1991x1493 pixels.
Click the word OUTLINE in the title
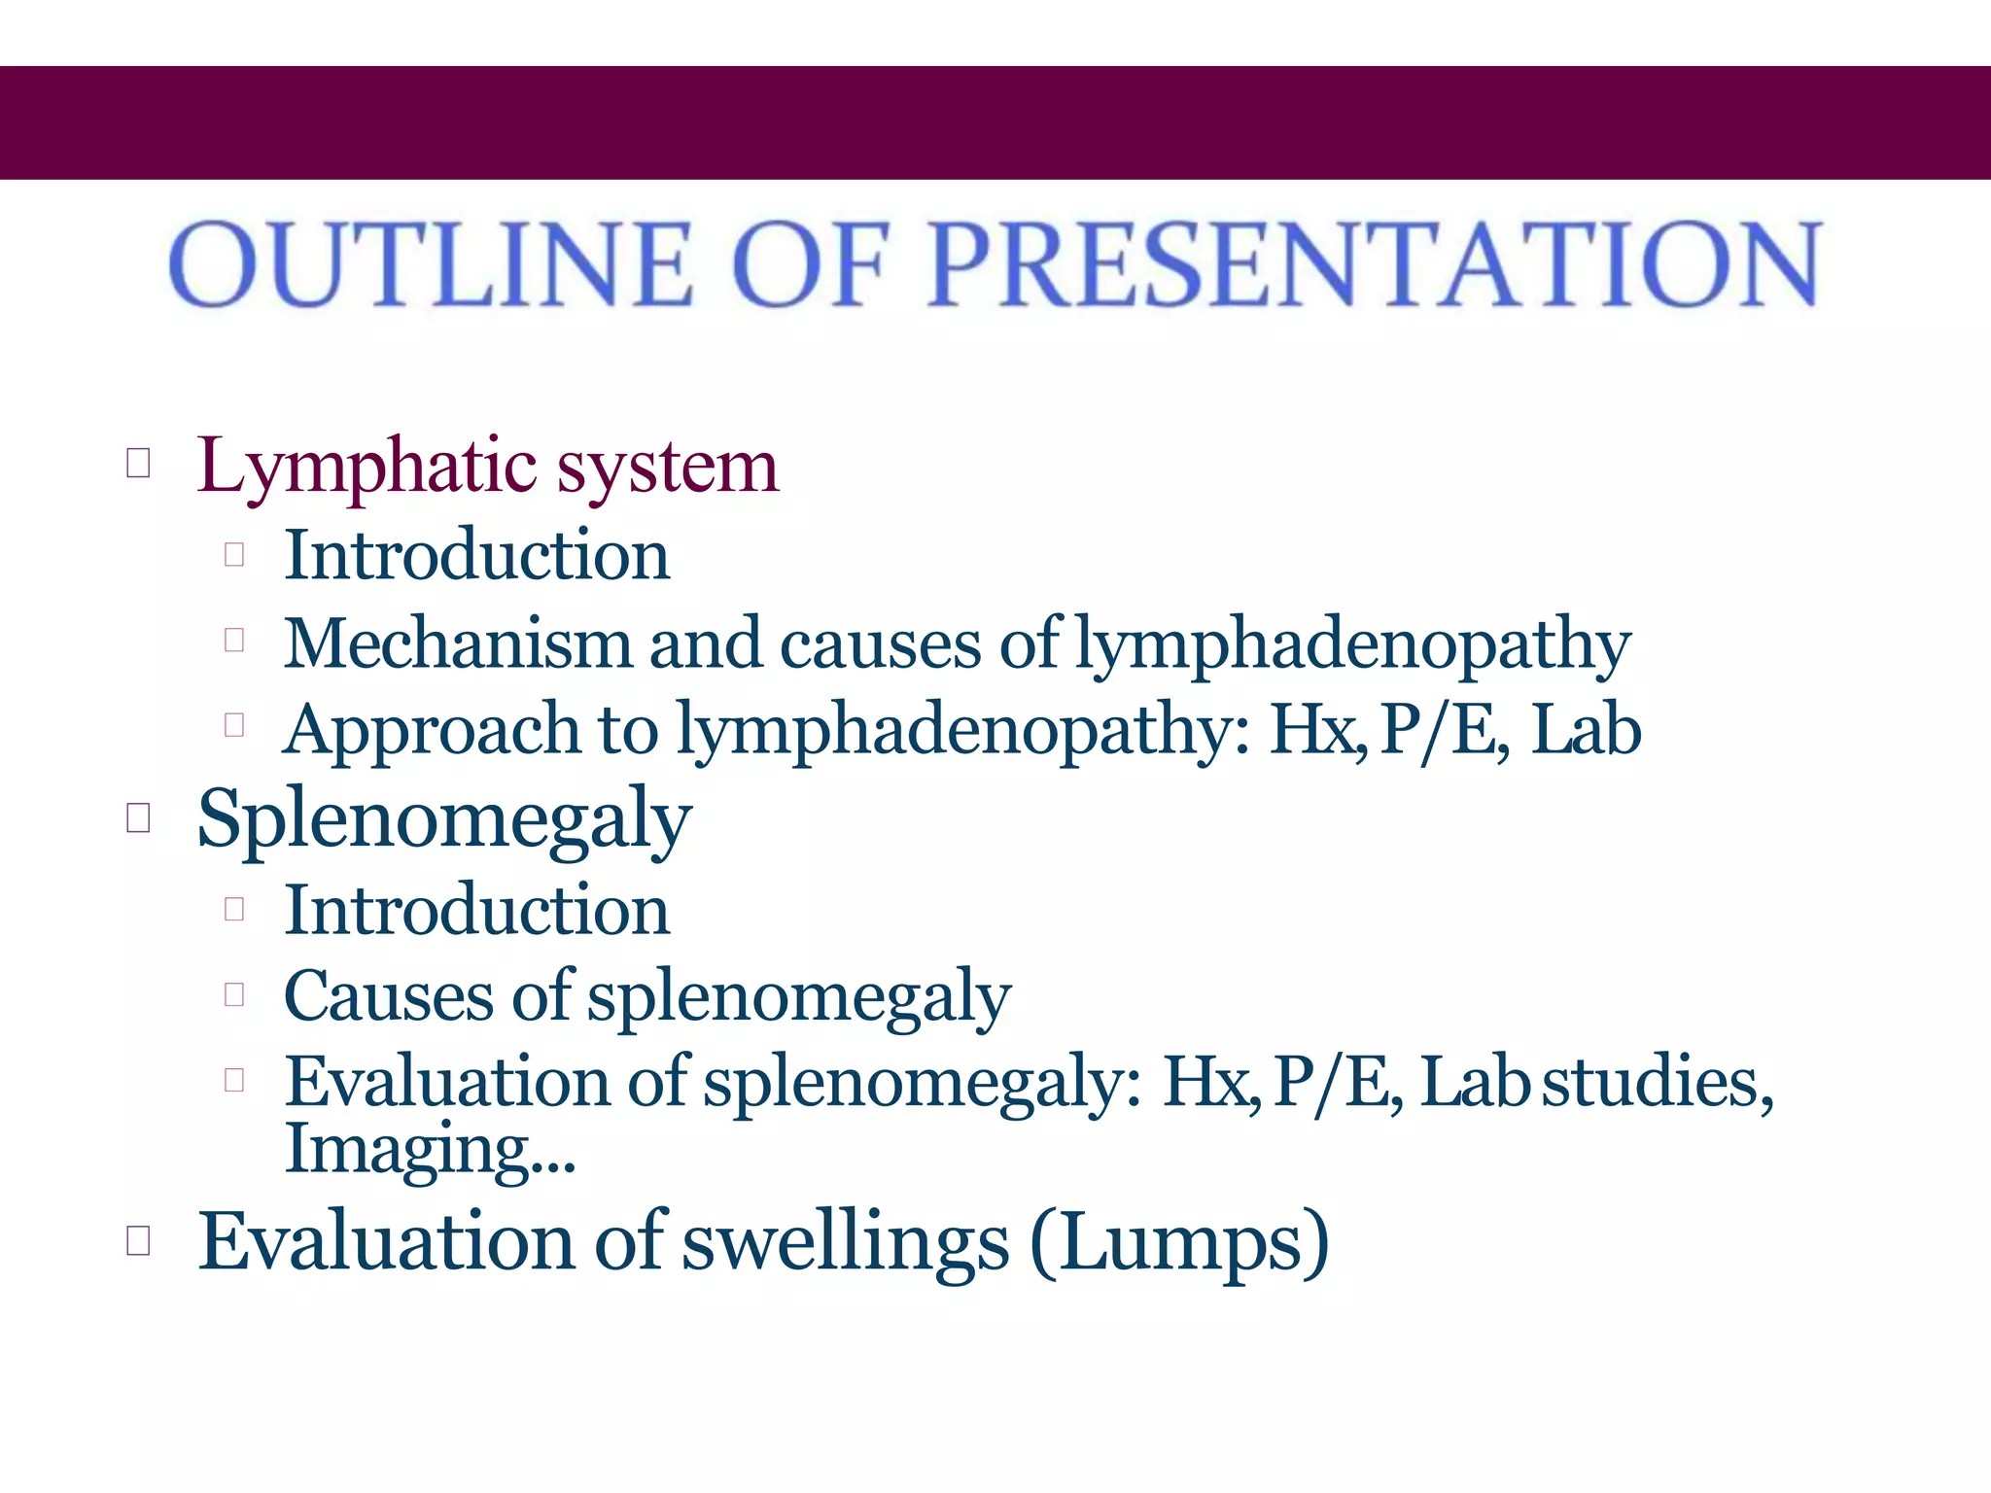point(431,264)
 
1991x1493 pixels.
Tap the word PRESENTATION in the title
point(1374,264)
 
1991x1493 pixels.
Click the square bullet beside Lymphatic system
point(138,464)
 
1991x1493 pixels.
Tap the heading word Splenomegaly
point(444,819)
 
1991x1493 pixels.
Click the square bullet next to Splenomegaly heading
point(138,818)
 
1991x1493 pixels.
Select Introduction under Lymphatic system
point(476,555)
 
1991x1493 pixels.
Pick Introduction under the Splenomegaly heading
point(476,911)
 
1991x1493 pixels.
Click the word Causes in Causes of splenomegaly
point(388,996)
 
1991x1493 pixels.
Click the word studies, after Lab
point(1659,1081)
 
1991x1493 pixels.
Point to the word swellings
point(845,1241)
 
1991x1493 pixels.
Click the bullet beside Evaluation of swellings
point(138,1241)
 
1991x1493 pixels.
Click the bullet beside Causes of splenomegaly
point(233,994)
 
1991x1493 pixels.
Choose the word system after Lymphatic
point(667,467)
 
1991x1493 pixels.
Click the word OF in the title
point(811,264)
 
